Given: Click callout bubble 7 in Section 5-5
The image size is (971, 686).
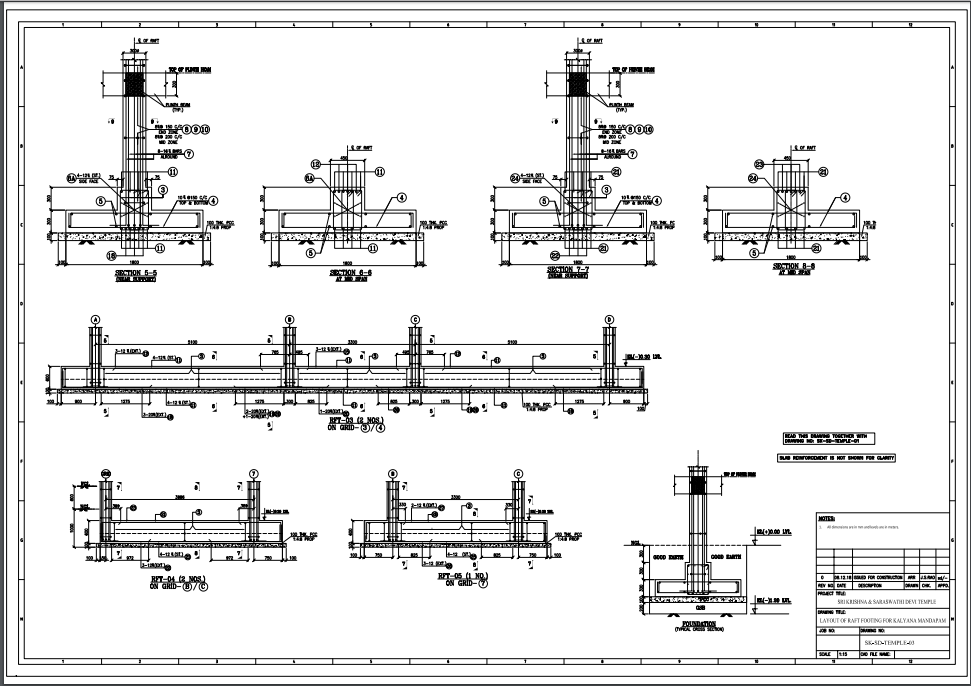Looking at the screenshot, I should (187, 154).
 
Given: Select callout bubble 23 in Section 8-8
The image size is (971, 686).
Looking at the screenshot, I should (759, 164).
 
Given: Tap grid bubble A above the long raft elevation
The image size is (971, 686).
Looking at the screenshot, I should (96, 319).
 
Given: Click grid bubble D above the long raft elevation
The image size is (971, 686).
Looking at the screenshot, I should (609, 319).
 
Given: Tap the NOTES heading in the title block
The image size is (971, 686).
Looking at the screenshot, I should (827, 519).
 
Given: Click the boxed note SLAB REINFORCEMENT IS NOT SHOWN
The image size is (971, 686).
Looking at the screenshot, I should (836, 457).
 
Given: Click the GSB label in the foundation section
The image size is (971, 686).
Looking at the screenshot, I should (701, 607).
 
